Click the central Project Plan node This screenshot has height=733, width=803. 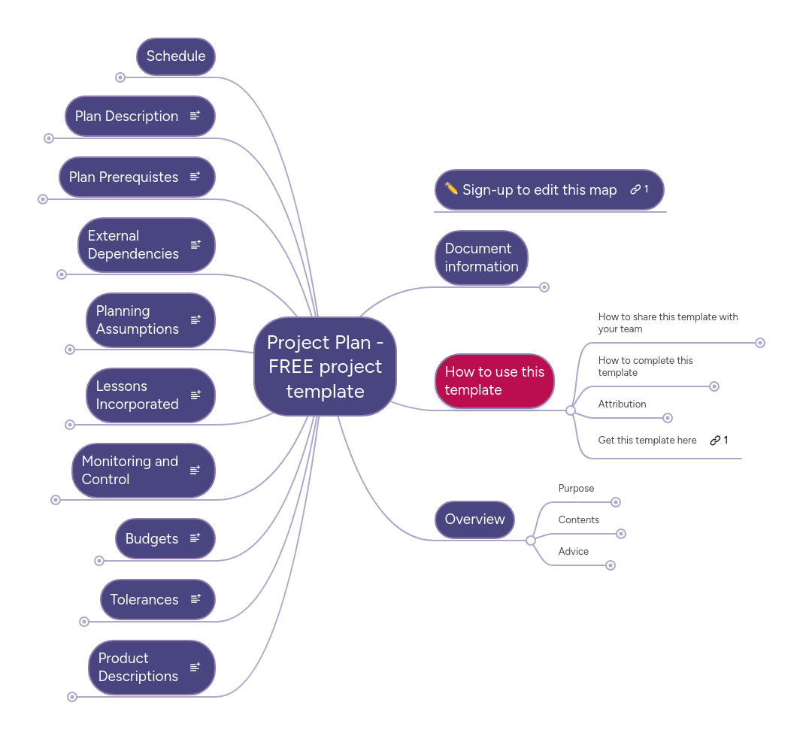click(325, 367)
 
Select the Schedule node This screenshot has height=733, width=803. click(176, 56)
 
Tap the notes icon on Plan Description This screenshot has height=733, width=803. click(195, 116)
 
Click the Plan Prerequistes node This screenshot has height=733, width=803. click(124, 177)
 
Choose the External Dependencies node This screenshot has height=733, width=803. click(134, 245)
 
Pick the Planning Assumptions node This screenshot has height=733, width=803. click(138, 320)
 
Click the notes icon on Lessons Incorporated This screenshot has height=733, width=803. click(195, 395)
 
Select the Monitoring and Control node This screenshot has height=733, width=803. click(130, 471)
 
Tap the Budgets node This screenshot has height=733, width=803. click(152, 539)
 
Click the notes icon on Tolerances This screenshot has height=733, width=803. click(195, 599)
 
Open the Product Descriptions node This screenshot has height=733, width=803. click(138, 668)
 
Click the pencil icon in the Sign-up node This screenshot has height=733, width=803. click(451, 189)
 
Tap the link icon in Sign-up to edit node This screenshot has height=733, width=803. click(635, 189)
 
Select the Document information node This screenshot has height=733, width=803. click(481, 258)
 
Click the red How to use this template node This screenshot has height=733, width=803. click(494, 381)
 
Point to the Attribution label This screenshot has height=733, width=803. click(622, 404)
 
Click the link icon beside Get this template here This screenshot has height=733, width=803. click(715, 441)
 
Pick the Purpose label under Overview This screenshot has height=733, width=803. click(576, 489)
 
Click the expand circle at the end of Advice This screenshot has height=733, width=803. click(611, 565)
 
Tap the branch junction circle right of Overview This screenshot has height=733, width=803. click(531, 541)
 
